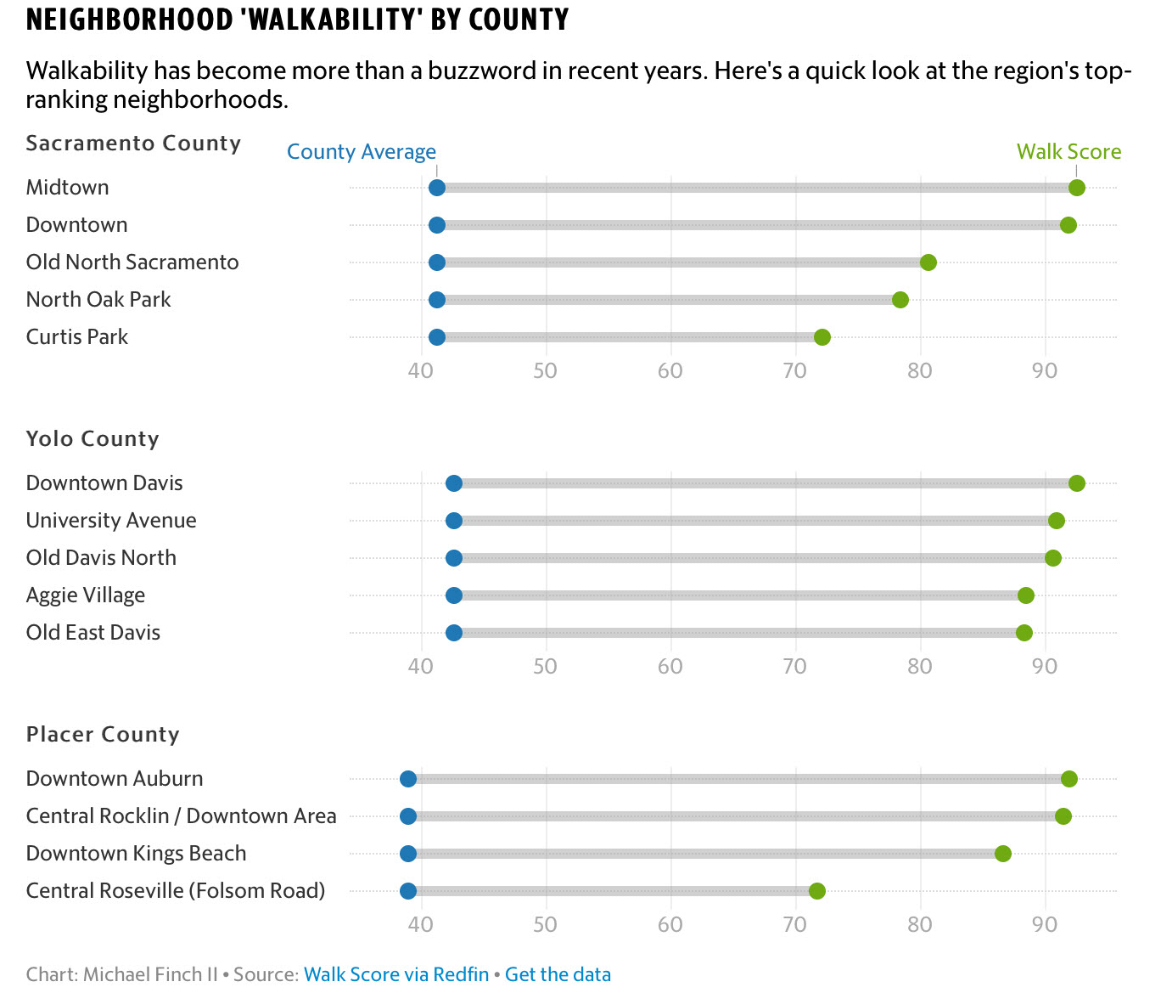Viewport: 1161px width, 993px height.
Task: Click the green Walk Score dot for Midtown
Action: (x=1076, y=188)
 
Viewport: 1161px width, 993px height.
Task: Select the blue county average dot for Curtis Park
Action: (x=437, y=337)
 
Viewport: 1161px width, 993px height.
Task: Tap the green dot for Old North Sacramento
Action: (x=928, y=262)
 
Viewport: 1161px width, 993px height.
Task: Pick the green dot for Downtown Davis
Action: (x=1076, y=483)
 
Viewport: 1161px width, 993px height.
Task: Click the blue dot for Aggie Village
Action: (x=454, y=595)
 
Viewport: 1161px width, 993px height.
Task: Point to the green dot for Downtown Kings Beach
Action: (x=1003, y=854)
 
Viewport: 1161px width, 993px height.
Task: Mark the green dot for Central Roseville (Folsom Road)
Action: (x=817, y=891)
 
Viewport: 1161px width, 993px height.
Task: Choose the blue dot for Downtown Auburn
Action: (x=408, y=779)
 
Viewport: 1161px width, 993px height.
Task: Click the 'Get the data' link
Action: (x=558, y=974)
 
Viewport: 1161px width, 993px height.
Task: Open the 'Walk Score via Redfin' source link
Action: (x=396, y=974)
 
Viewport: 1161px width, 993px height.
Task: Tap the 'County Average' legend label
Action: (x=362, y=152)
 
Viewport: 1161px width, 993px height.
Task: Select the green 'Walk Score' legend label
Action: (x=1068, y=152)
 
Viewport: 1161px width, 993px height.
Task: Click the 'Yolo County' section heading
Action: (x=93, y=439)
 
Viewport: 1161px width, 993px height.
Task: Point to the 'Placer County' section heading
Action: (x=103, y=735)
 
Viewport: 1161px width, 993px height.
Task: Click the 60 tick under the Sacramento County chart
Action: (x=670, y=370)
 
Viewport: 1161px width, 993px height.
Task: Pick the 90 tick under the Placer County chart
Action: (x=1045, y=924)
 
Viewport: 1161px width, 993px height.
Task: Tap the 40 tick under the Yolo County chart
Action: (x=421, y=666)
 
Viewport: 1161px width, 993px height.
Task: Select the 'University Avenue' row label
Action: (x=111, y=521)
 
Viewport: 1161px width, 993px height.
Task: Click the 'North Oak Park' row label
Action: (x=98, y=300)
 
